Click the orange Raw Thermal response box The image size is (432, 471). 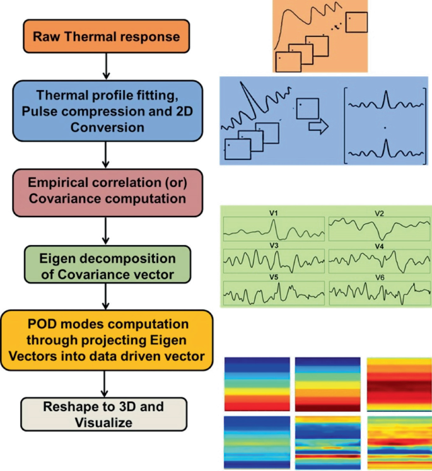tap(105, 37)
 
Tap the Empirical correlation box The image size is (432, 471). tap(106, 190)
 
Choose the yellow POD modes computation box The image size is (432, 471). tap(106, 340)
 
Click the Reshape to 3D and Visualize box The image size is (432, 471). tap(105, 414)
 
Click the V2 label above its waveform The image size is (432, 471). tap(380, 213)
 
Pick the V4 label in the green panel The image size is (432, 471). tap(380, 245)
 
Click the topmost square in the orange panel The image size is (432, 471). tap(356, 23)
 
